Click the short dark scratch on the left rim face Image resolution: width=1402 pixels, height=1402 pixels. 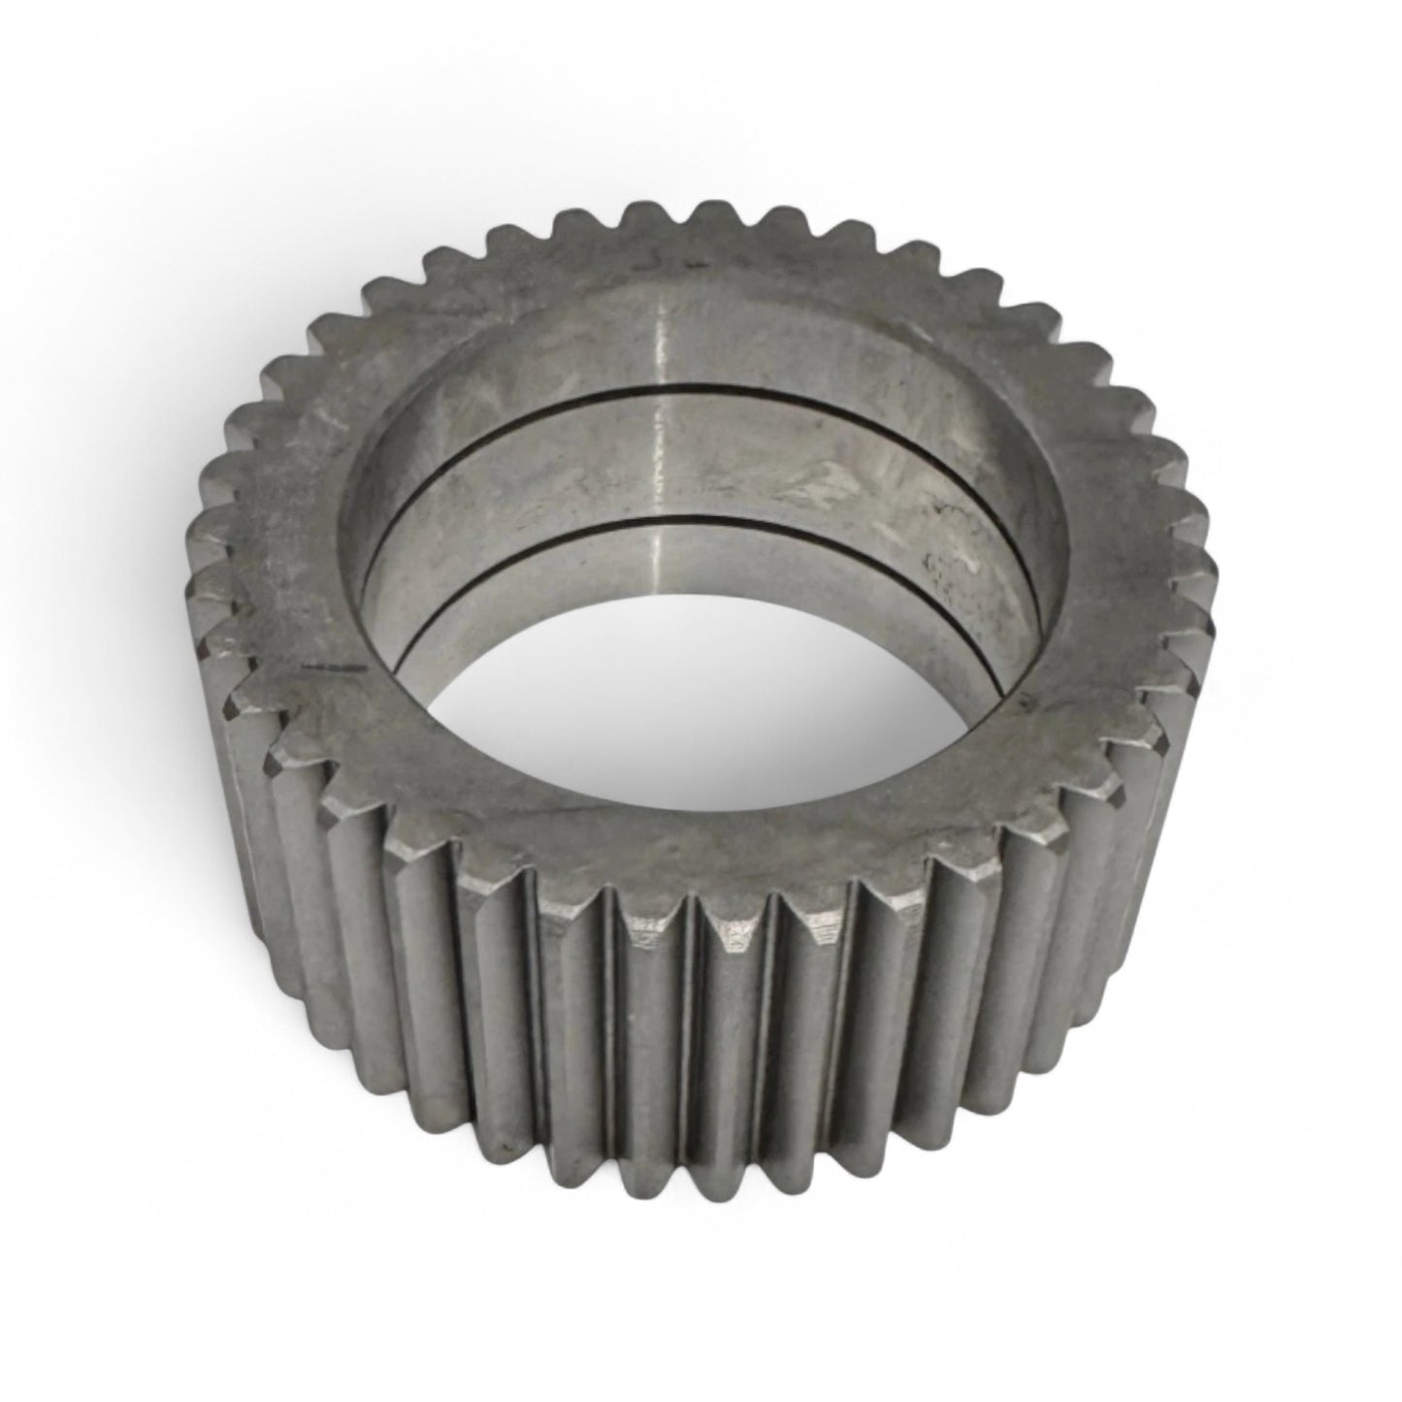click(325, 668)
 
